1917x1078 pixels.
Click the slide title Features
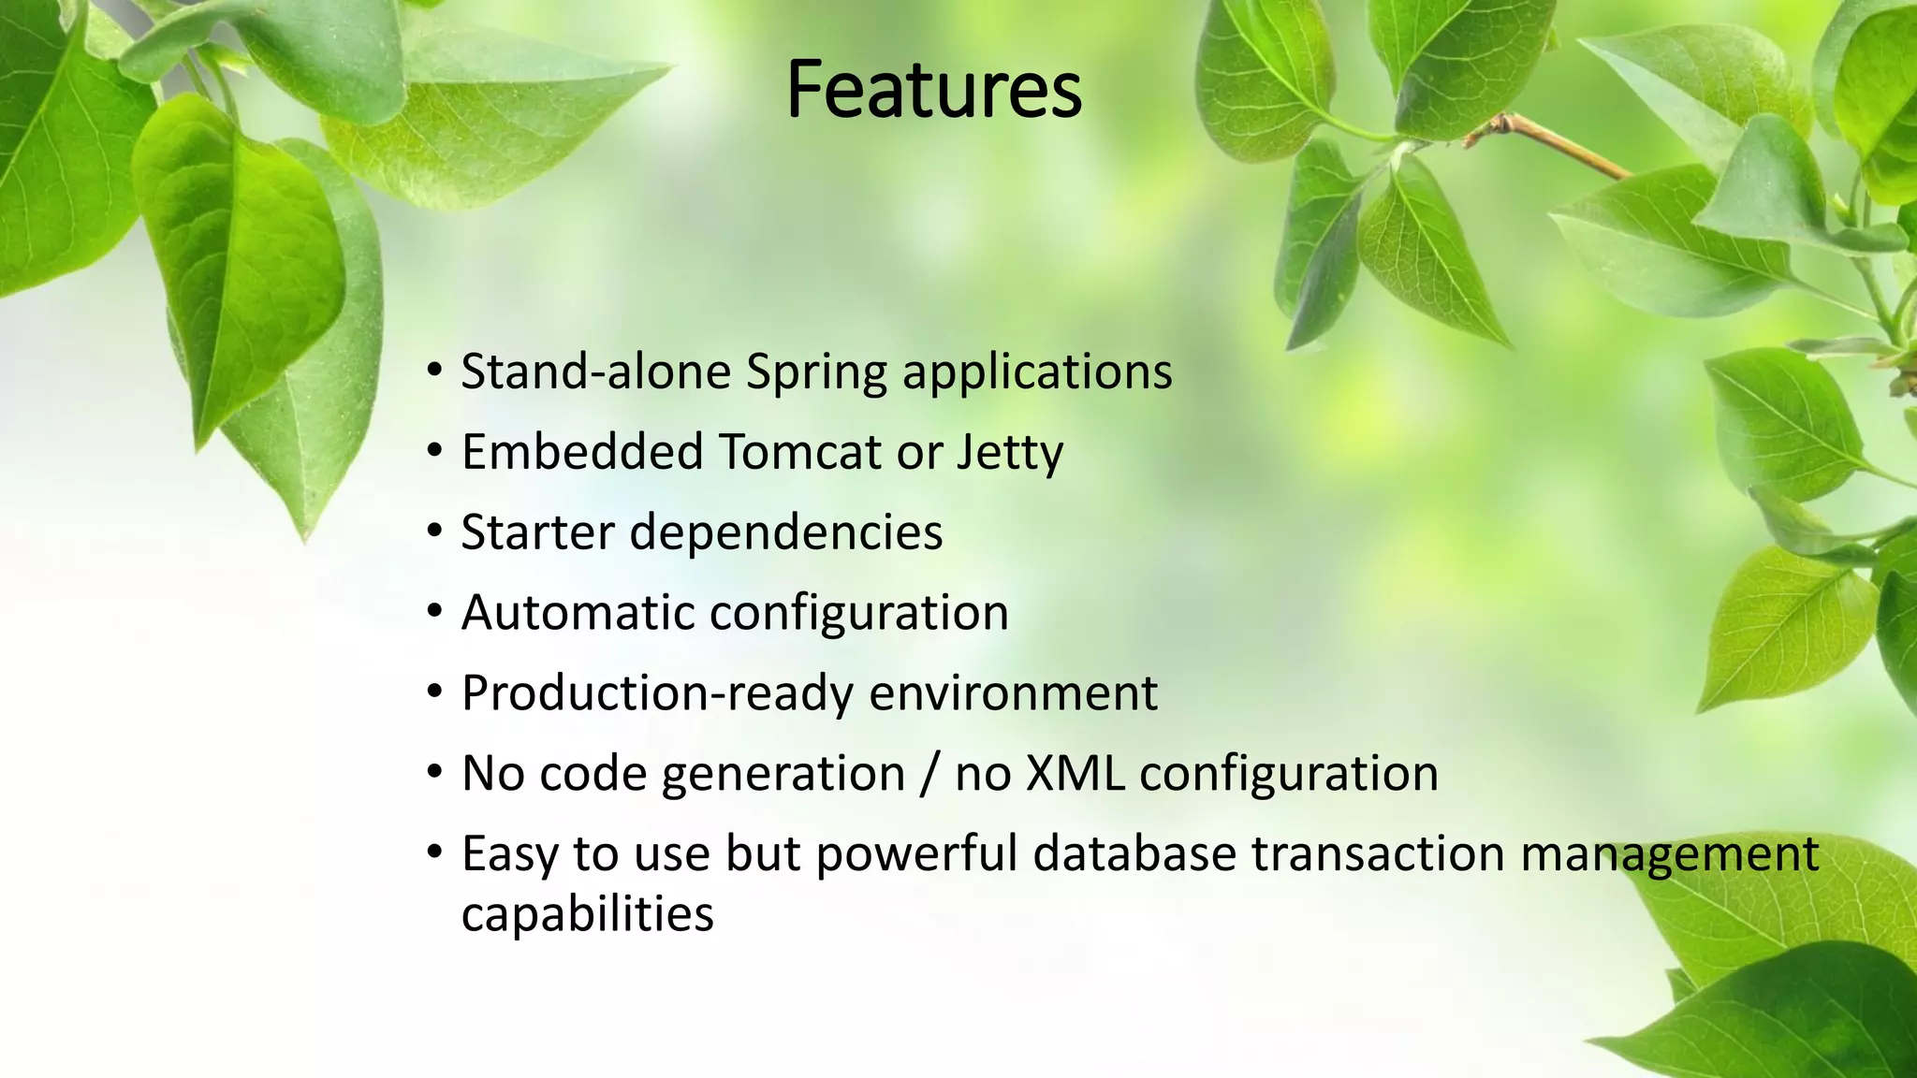pyautogui.click(x=933, y=90)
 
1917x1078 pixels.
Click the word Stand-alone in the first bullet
pyautogui.click(x=595, y=371)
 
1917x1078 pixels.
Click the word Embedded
pyautogui.click(x=582, y=452)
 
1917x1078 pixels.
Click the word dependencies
pyautogui.click(x=786, y=533)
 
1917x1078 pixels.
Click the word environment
pyautogui.click(x=1013, y=693)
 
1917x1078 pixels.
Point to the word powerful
pyautogui.click(x=915, y=854)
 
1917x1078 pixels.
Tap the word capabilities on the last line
pyautogui.click(x=587, y=914)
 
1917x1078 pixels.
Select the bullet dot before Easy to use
pyautogui.click(x=433, y=853)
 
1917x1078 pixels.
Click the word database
pyautogui.click(x=1134, y=854)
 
